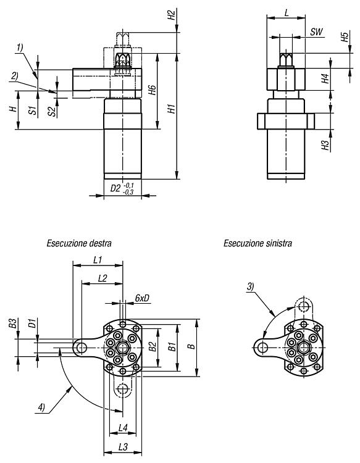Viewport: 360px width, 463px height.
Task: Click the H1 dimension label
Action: point(172,109)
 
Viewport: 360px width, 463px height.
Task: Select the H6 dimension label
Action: point(152,90)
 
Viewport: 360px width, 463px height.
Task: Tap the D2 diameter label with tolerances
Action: point(122,188)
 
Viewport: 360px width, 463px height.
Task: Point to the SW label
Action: point(317,31)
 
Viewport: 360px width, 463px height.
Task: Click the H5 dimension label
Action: point(345,37)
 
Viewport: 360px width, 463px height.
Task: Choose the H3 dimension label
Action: point(325,145)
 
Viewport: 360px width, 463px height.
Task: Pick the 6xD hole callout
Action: point(143,298)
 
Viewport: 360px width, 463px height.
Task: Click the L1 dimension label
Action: point(98,260)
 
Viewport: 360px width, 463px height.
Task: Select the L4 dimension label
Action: point(123,428)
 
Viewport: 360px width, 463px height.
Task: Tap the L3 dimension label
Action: point(123,447)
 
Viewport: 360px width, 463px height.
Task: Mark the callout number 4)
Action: point(41,408)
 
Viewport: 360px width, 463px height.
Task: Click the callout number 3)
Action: point(251,286)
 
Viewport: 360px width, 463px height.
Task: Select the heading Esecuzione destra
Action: point(79,243)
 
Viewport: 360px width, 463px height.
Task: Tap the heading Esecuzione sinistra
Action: point(258,243)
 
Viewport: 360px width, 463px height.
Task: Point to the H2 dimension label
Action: point(171,15)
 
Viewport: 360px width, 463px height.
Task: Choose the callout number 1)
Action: point(20,48)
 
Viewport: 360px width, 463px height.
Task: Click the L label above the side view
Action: point(286,13)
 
